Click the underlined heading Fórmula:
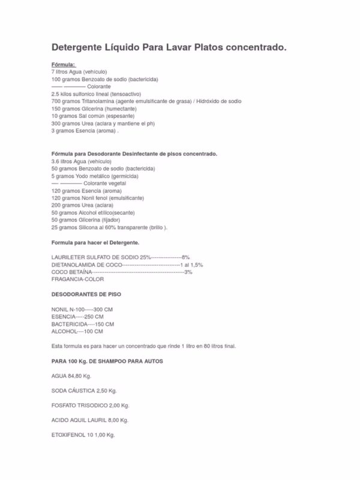coord(64,64)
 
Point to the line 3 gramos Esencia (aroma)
coord(85,131)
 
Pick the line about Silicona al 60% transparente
coord(109,227)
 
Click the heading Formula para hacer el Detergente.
coord(95,242)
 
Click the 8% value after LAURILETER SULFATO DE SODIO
coord(185,257)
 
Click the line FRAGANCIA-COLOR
coord(78,279)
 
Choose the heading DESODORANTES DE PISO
coord(88,294)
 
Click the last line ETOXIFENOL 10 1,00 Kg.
coord(83,434)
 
